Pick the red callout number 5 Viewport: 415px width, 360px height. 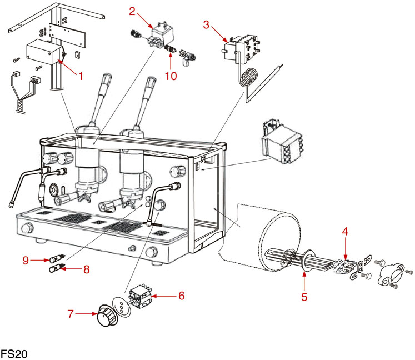coord(304,296)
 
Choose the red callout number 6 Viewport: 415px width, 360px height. coord(181,296)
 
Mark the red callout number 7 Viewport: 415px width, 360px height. coord(71,314)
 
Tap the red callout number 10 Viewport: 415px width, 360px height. coord(171,76)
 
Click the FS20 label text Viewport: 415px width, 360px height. coord(14,353)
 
